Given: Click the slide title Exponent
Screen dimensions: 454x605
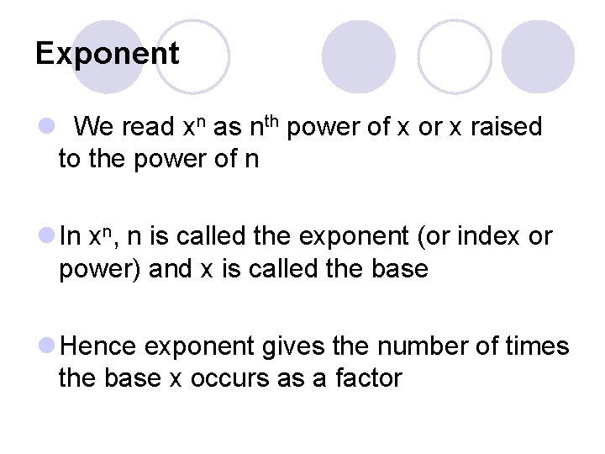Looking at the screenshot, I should click(107, 54).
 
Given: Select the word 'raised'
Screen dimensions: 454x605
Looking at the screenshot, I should click(506, 128).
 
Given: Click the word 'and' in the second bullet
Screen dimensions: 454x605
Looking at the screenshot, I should click(164, 269).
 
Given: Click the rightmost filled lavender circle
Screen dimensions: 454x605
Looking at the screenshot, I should click(539, 56).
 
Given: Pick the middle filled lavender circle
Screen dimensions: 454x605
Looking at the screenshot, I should click(358, 56).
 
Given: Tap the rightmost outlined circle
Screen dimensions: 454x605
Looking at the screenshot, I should click(455, 56).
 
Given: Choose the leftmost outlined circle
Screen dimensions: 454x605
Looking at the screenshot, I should click(192, 56).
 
